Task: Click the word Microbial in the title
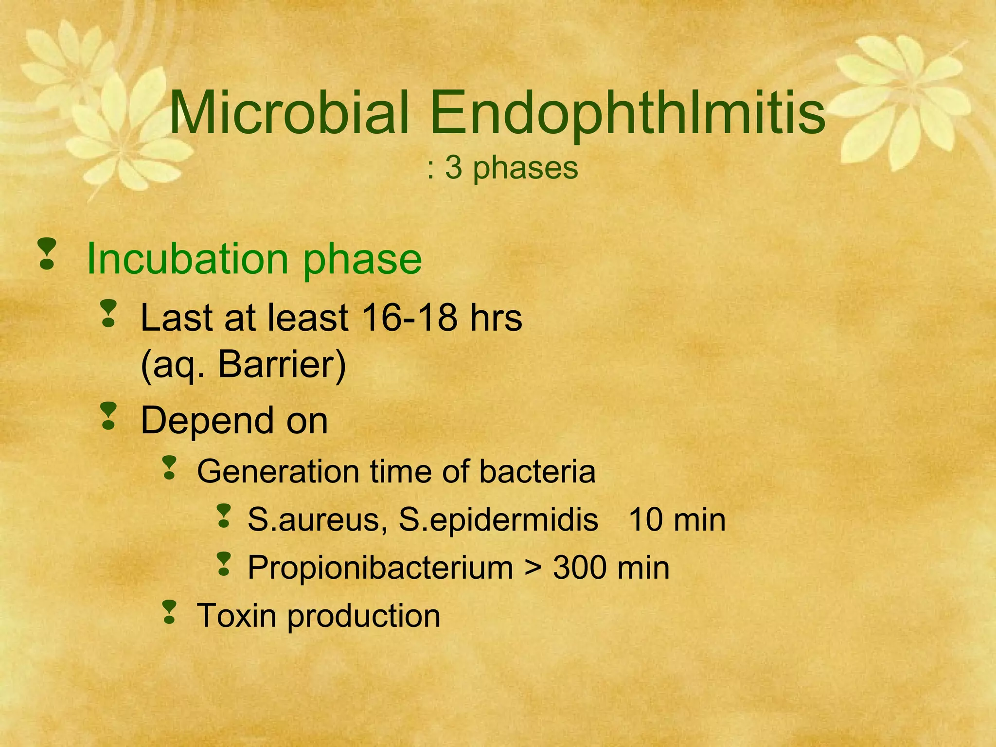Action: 289,113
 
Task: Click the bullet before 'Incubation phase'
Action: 47,254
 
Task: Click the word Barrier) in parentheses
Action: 282,365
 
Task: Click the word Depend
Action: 207,421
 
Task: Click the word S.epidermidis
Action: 498,520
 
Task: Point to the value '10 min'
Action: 676,520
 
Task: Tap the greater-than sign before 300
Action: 533,568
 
